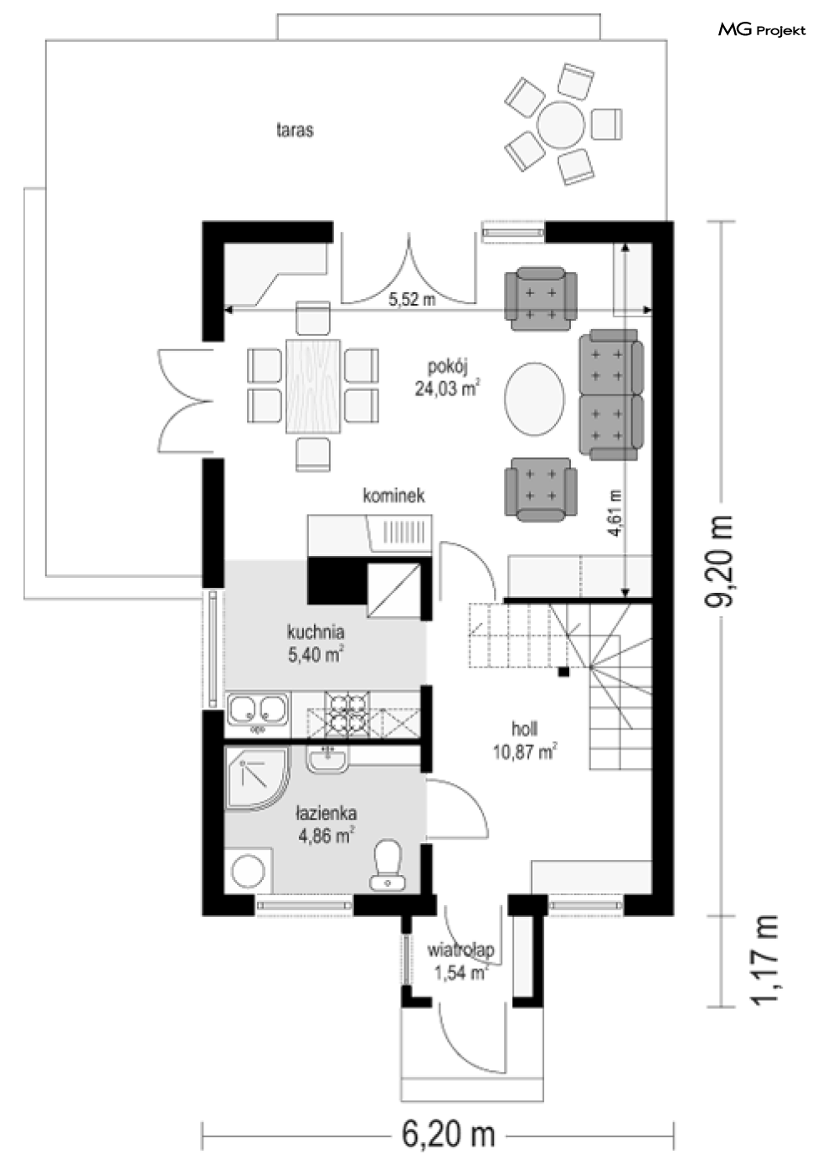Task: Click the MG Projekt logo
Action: coord(761,30)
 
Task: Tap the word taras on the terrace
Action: coord(295,130)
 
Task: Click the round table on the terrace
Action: coord(561,126)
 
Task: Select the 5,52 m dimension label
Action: coord(412,300)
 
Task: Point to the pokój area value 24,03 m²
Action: coord(447,389)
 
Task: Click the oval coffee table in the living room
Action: coord(534,399)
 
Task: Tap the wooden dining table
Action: coord(313,386)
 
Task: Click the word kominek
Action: coord(393,495)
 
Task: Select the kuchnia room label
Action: coord(316,632)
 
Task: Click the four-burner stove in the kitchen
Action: coord(347,714)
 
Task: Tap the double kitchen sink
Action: coord(258,710)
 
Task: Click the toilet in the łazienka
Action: coord(388,864)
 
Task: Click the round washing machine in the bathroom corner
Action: coord(249,871)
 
